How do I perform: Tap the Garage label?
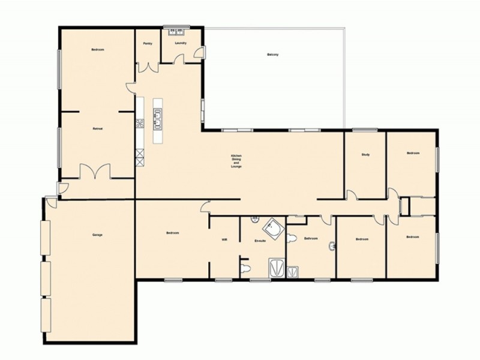click(97, 234)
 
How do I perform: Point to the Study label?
click(365, 154)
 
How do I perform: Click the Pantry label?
click(148, 44)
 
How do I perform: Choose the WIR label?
click(224, 240)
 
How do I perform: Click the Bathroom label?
click(310, 239)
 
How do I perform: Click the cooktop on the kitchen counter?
click(140, 124)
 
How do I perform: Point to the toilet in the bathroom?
click(292, 239)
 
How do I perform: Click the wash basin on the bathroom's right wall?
click(332, 246)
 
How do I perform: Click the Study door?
click(352, 195)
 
